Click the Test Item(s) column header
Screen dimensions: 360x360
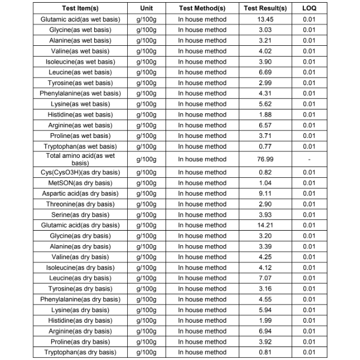[80, 9]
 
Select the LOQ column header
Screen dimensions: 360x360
[309, 9]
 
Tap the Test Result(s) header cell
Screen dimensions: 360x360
[265, 9]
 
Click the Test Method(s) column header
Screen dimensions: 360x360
[202, 9]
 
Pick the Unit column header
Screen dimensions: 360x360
[146, 9]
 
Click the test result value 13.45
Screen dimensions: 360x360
[265, 19]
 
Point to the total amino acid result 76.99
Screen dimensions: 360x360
[265, 159]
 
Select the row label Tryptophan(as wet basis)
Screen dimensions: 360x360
[80, 146]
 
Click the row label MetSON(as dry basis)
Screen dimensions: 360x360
[80, 183]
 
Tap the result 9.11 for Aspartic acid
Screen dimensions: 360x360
[265, 193]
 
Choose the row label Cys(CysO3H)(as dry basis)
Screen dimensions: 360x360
[80, 172]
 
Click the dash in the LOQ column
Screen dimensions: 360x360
[309, 159]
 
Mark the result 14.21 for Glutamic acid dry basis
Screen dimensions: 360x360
[265, 225]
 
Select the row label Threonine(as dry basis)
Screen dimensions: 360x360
[80, 204]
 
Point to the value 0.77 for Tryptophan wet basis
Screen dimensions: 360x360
[265, 146]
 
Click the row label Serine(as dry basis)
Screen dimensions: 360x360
[80, 215]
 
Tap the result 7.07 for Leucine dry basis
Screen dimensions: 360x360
[265, 278]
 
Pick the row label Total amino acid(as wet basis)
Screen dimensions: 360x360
[80, 159]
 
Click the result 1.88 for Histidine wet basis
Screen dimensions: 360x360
[265, 114]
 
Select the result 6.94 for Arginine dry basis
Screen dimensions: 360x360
[265, 331]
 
